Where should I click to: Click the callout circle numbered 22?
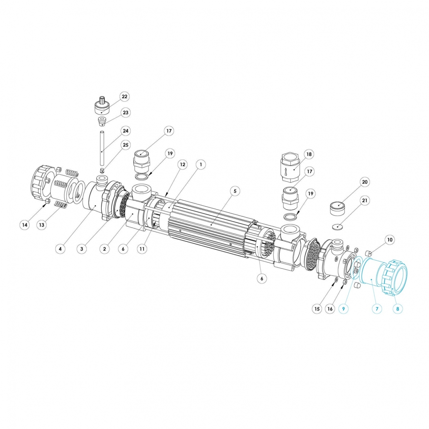(x=124, y=97)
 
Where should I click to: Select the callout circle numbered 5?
(x=235, y=191)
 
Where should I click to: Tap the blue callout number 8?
(x=397, y=308)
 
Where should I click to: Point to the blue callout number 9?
(x=344, y=308)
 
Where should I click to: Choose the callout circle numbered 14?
(x=25, y=225)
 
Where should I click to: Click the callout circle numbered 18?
(x=309, y=154)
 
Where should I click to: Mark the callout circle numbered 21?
(x=365, y=201)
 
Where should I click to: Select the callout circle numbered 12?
(x=183, y=164)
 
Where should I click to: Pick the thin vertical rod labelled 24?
(x=102, y=147)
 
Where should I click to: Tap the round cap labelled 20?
(x=338, y=208)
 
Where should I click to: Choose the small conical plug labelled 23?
(x=103, y=122)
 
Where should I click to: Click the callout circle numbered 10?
(x=390, y=240)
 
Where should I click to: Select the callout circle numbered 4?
(x=61, y=249)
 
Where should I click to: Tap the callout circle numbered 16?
(x=330, y=308)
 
